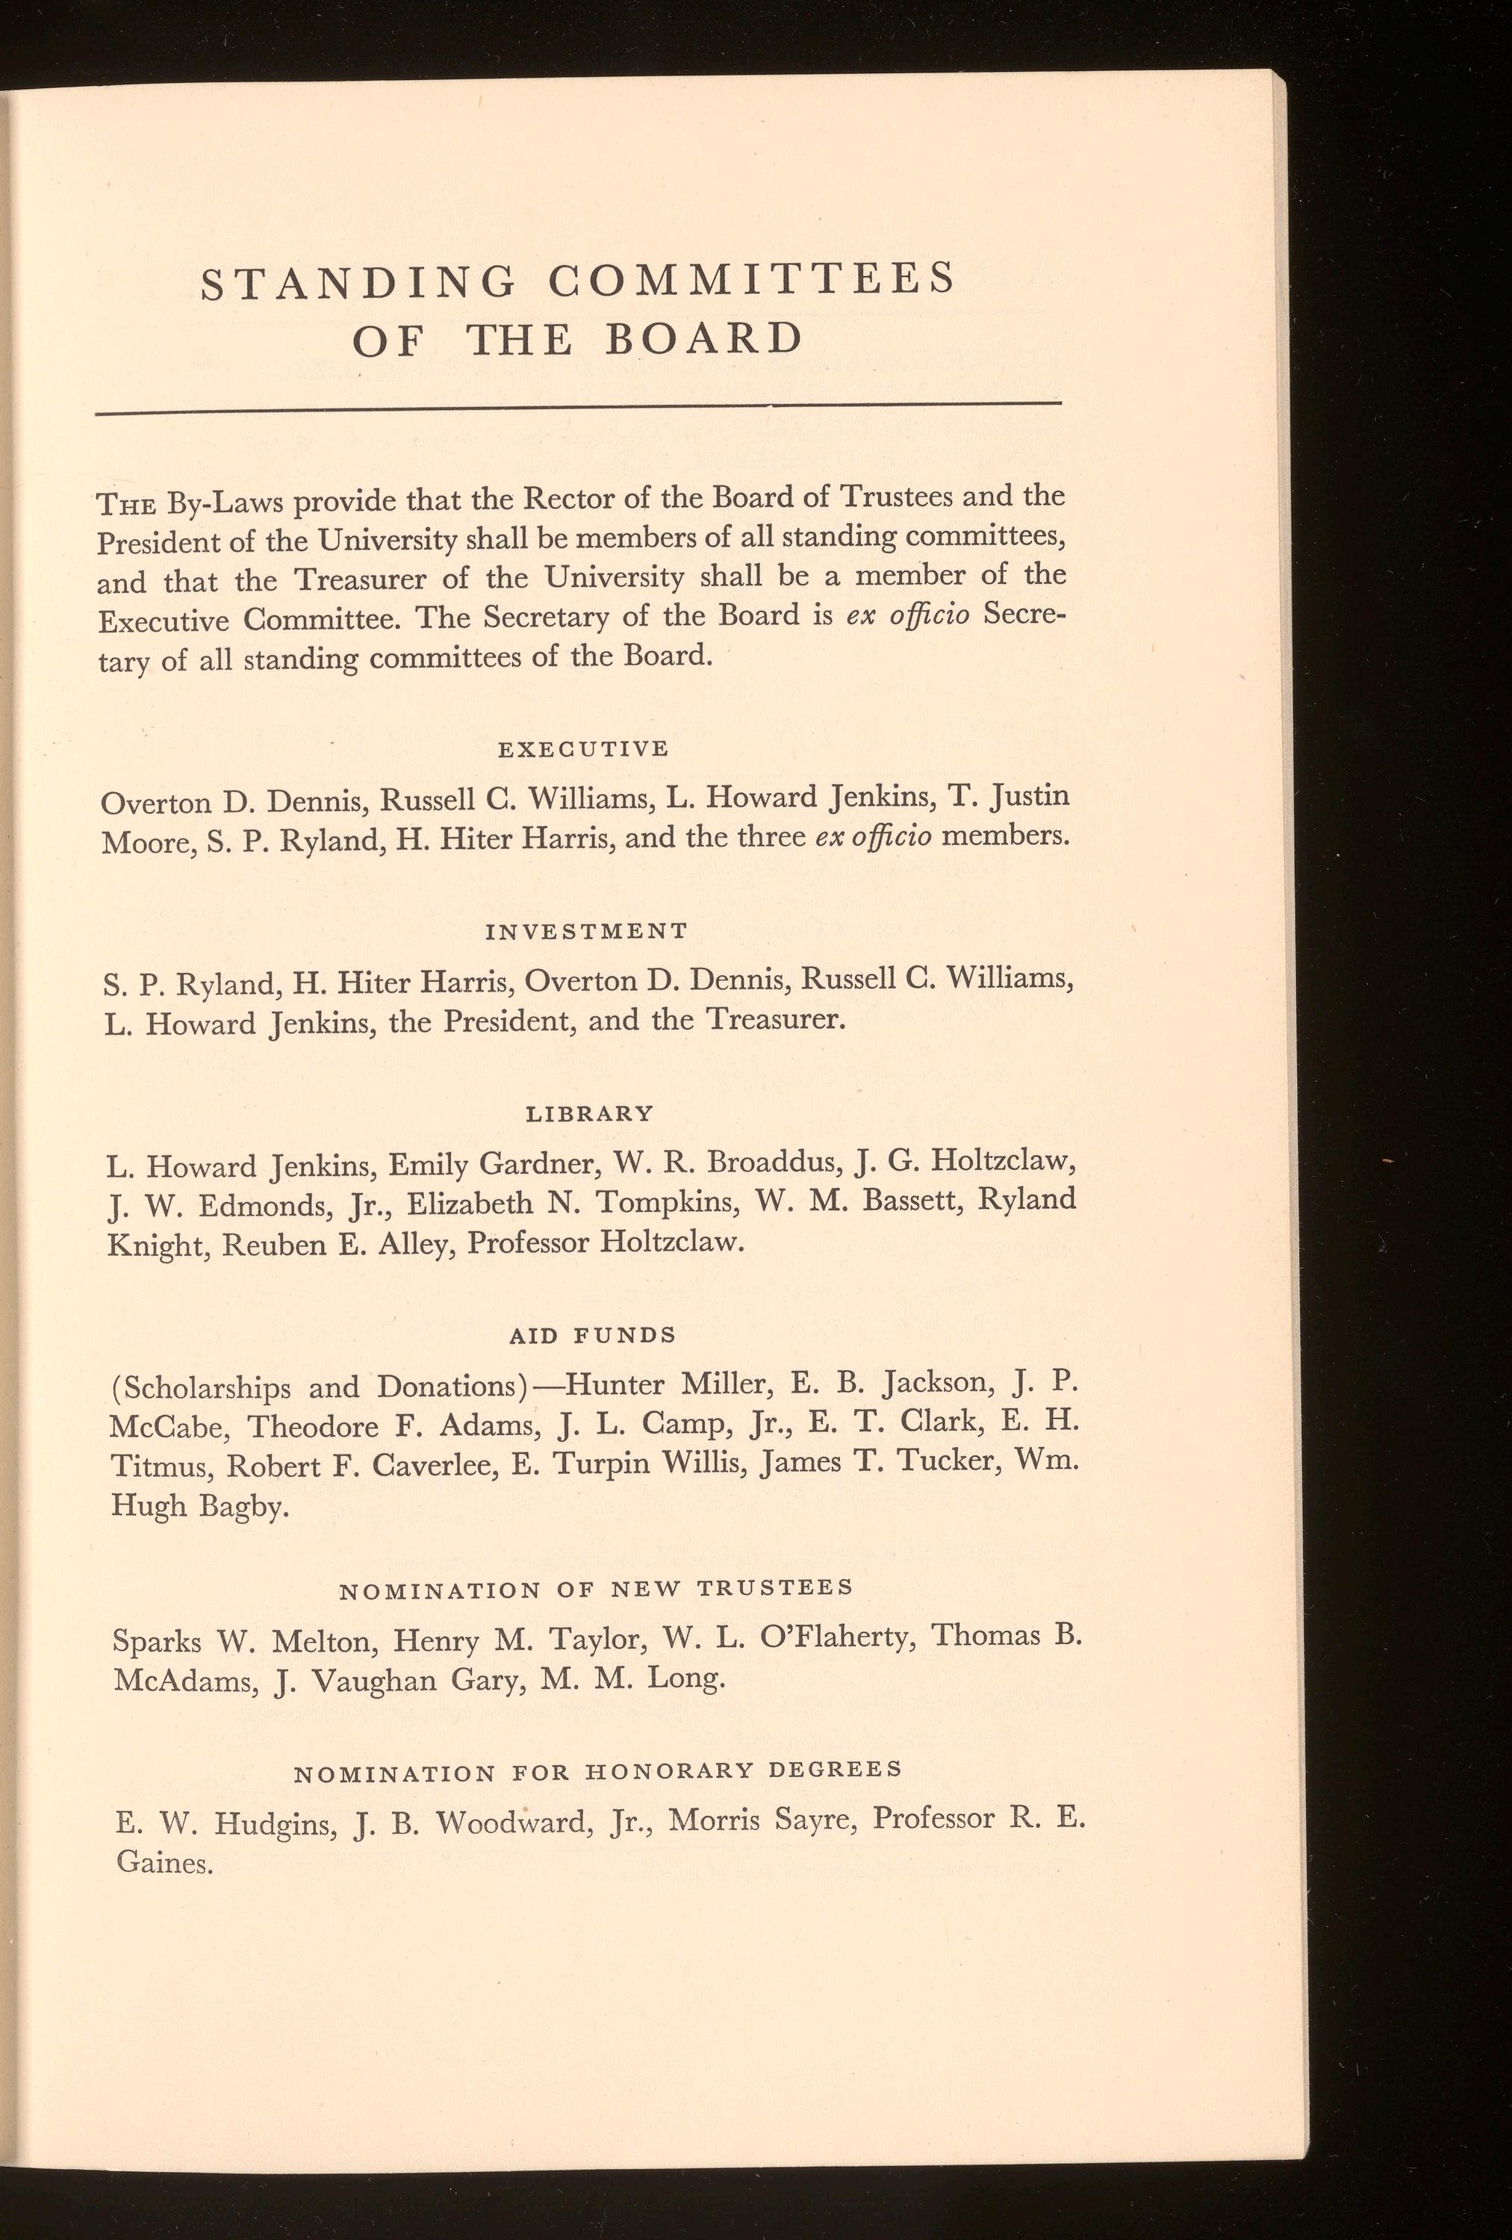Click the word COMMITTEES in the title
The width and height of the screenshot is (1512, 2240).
tap(750, 279)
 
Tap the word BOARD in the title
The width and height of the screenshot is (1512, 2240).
tap(703, 338)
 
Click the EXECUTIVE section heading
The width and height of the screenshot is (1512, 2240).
tap(583, 749)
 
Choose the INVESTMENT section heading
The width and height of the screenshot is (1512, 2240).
tap(586, 931)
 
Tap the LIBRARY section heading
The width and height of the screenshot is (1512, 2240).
tap(589, 1113)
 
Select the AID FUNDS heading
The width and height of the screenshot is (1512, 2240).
tap(591, 1335)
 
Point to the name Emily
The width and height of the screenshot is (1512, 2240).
tap(427, 1166)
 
